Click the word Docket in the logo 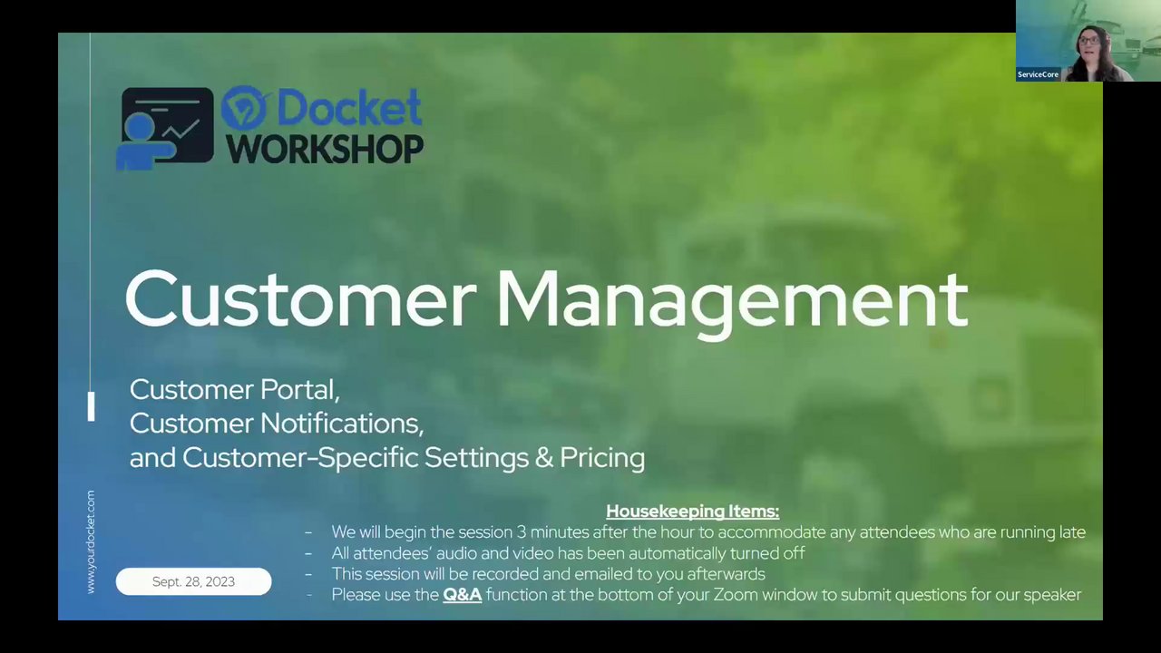click(x=349, y=108)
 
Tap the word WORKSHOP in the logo click(x=325, y=150)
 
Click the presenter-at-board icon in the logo click(x=165, y=129)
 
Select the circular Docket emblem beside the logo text click(x=245, y=108)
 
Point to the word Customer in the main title click(x=300, y=299)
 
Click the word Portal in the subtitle click(x=299, y=390)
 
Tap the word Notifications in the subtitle click(x=342, y=424)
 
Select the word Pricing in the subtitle click(x=602, y=459)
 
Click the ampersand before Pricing click(x=543, y=458)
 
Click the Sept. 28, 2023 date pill click(x=193, y=581)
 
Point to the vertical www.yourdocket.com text click(x=91, y=541)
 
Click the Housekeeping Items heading click(x=692, y=512)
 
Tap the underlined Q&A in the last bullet click(x=463, y=595)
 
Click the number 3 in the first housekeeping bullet click(x=521, y=532)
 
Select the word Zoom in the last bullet click(x=736, y=595)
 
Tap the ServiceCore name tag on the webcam click(x=1038, y=74)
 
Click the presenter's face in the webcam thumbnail click(x=1088, y=44)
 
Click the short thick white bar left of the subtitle click(x=92, y=406)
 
